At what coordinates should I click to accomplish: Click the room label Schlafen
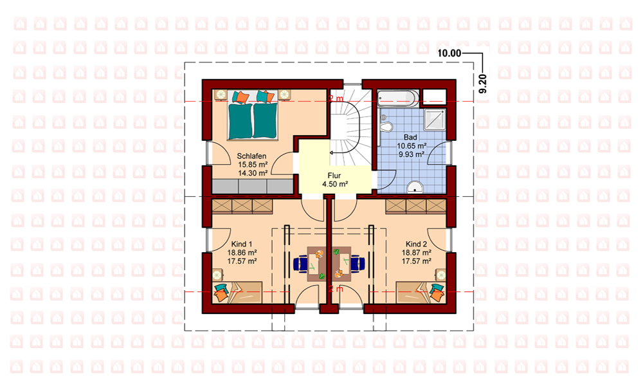point(251,156)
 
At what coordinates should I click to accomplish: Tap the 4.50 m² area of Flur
point(335,184)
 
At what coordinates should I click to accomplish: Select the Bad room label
point(410,138)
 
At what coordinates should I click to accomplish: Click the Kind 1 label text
point(242,244)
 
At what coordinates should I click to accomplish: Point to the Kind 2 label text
point(416,244)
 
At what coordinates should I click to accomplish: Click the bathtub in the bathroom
point(398,98)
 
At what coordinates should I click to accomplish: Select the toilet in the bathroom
point(385,125)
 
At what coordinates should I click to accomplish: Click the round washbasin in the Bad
point(415,187)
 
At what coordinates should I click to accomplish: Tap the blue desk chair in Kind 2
point(357,263)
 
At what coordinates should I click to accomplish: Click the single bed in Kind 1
point(237,292)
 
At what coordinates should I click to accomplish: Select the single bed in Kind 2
point(421,292)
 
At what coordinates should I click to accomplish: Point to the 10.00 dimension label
point(449,53)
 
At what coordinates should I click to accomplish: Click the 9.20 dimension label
point(483,84)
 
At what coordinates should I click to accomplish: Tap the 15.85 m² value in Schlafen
point(253,165)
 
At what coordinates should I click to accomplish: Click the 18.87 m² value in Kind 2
point(416,253)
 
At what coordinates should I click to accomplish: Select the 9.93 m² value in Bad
point(412,154)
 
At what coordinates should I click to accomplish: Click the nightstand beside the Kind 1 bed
point(217,274)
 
